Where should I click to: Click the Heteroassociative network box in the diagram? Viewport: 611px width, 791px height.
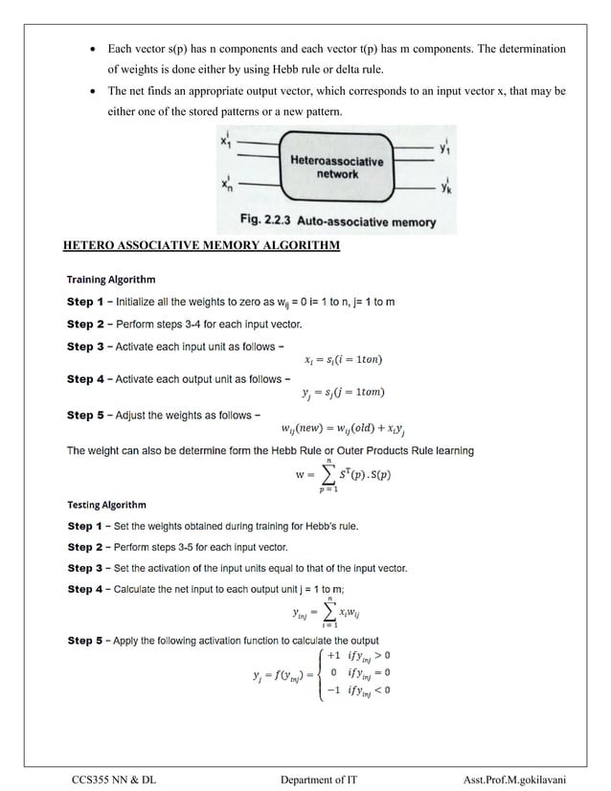(x=336, y=169)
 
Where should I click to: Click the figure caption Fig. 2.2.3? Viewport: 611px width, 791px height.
(x=337, y=223)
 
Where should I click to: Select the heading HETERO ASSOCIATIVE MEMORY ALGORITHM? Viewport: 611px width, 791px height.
(x=201, y=245)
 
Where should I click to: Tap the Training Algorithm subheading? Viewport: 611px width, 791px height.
(x=110, y=281)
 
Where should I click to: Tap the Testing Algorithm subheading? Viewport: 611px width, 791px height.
(x=106, y=505)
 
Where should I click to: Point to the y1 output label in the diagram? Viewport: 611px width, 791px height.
(x=447, y=147)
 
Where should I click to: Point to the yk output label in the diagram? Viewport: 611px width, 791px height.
(x=447, y=188)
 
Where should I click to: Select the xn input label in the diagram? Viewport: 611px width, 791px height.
(x=225, y=184)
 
